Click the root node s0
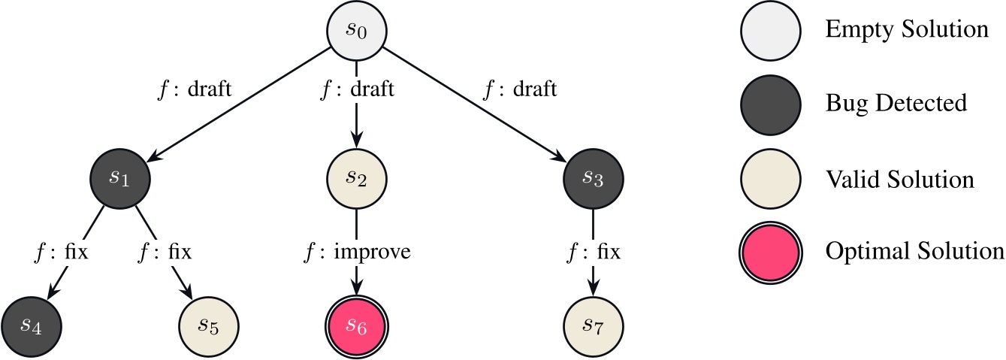point(356,32)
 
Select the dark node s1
point(120,179)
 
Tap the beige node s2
point(356,179)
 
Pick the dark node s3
point(594,179)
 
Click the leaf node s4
point(32,326)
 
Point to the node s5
point(208,326)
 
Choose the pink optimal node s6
point(356,326)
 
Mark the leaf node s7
point(594,326)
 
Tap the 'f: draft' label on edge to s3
point(521,90)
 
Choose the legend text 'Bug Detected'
point(896,103)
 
